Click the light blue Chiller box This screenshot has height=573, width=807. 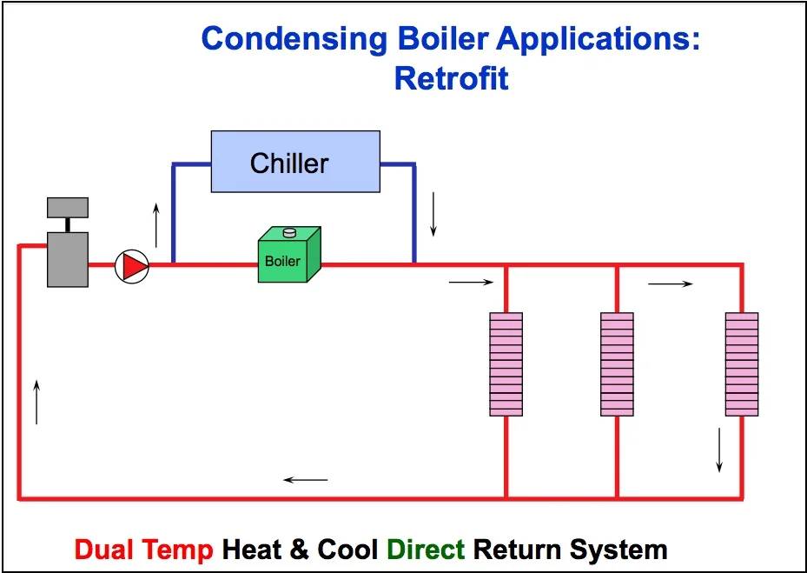click(x=295, y=161)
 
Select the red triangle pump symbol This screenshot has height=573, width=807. click(x=132, y=266)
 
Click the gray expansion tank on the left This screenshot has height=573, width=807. click(x=67, y=258)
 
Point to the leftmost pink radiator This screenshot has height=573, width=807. click(x=506, y=363)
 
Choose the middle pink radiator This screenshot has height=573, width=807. click(x=617, y=363)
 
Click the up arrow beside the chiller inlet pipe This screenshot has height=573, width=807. click(x=156, y=223)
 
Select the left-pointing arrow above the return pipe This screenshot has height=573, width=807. click(x=306, y=480)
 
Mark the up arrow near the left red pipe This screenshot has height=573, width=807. click(x=36, y=401)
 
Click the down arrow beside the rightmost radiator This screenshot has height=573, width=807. click(x=719, y=452)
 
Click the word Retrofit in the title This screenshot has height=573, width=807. click(x=451, y=79)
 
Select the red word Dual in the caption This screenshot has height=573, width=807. click(x=106, y=550)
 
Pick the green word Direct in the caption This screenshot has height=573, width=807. click(x=426, y=550)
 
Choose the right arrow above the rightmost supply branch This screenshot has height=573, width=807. click(x=670, y=283)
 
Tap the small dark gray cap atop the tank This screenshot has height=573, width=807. click(x=67, y=207)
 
